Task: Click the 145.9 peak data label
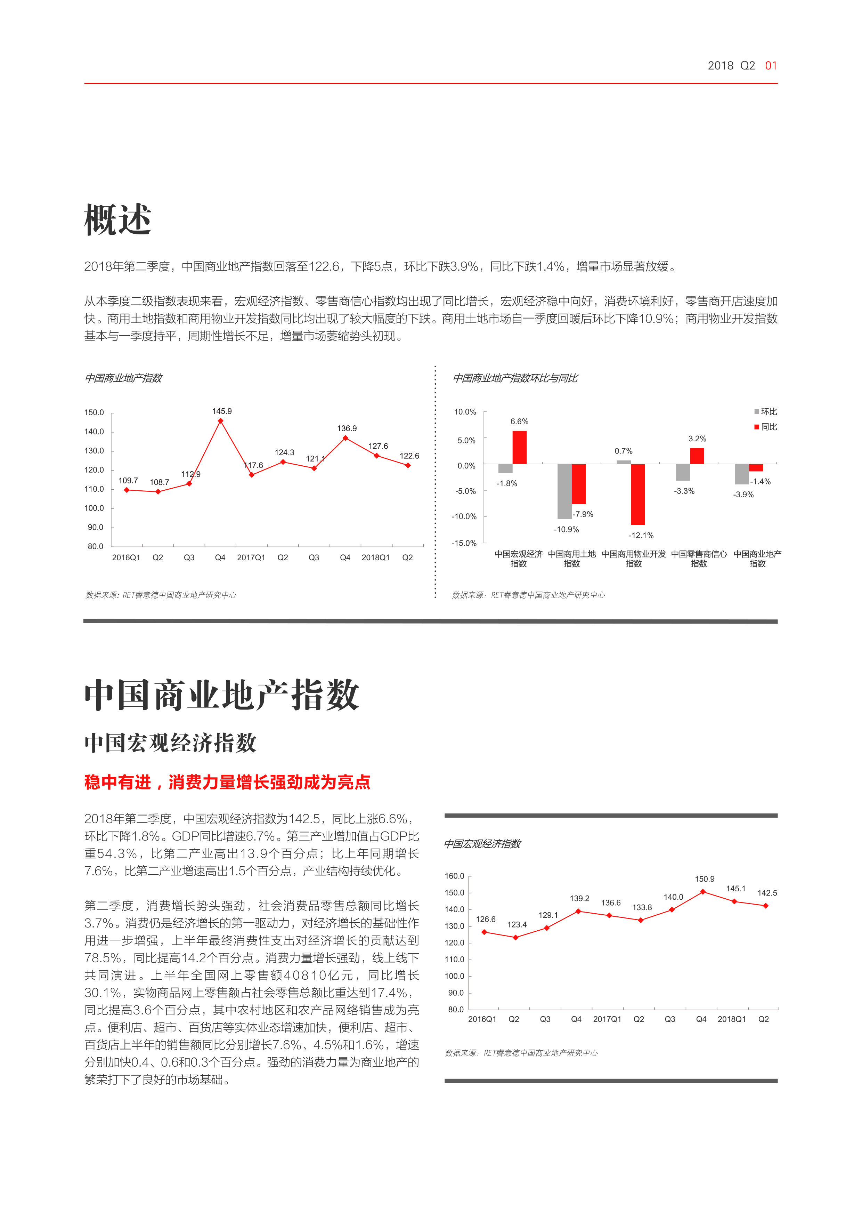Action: click(222, 411)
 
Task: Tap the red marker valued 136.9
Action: click(345, 438)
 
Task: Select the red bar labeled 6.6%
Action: click(519, 447)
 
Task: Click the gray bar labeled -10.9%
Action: click(564, 491)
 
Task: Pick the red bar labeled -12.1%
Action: click(638, 494)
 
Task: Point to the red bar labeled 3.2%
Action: click(697, 456)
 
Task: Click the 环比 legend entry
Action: click(765, 412)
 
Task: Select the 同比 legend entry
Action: click(765, 427)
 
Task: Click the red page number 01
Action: click(771, 66)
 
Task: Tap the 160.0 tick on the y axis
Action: click(455, 876)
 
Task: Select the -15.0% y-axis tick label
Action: click(464, 543)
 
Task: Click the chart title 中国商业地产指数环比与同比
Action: click(515, 378)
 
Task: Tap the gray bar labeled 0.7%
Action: click(624, 462)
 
